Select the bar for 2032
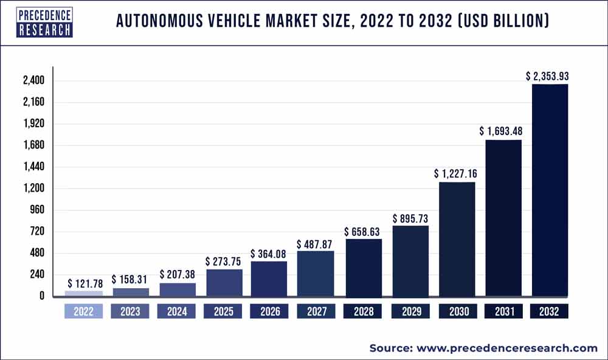coord(550,190)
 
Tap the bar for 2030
coord(456,239)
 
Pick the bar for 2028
coord(363,268)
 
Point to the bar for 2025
coord(224,283)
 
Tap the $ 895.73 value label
coord(410,218)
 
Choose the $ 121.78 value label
coord(84,283)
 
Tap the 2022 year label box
coord(84,312)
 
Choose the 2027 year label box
coord(316,312)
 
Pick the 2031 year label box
coord(503,312)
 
